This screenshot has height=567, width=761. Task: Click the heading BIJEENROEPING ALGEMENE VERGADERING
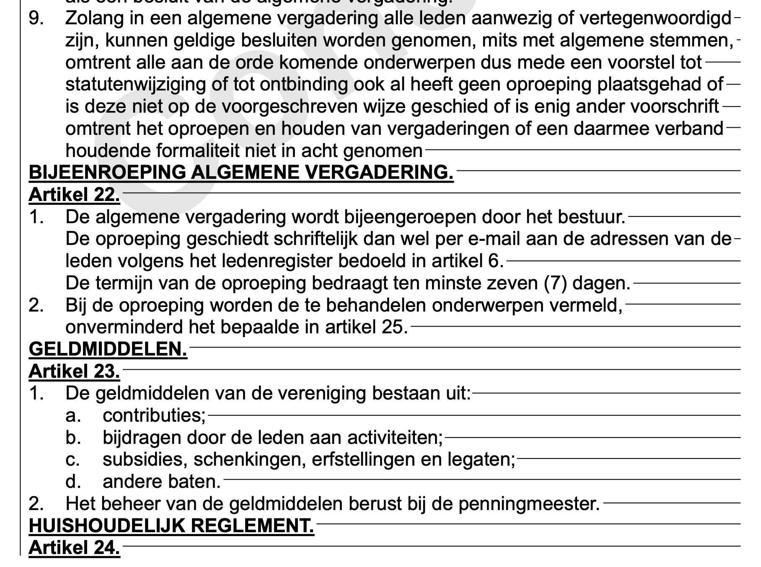pos(241,172)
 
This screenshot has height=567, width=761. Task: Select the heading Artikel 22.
pos(74,194)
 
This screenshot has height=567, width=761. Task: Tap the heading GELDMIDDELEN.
pos(108,349)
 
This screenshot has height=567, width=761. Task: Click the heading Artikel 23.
pos(74,371)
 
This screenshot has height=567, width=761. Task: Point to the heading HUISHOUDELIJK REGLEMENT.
pos(171,526)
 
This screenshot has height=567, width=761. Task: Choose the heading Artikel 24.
pos(74,548)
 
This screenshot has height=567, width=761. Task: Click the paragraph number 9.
pos(36,18)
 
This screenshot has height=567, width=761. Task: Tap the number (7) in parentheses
pos(555,283)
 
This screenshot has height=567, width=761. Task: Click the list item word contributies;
pos(154,415)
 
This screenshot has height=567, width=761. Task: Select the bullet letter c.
pos(72,460)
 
